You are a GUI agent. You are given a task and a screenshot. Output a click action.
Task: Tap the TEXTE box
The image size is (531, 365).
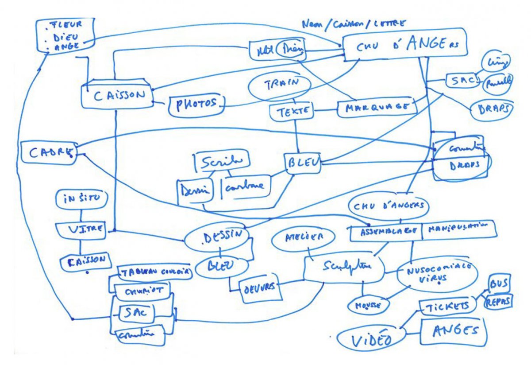click(292, 111)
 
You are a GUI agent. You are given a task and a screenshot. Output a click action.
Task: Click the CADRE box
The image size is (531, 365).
click(49, 153)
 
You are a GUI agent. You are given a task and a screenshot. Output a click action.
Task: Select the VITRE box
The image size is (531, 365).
click(80, 229)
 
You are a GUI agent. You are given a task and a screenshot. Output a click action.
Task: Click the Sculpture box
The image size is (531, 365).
click(344, 268)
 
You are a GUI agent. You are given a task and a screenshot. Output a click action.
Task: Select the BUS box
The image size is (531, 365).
click(499, 283)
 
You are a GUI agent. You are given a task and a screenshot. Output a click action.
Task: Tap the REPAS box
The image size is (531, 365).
click(499, 301)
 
